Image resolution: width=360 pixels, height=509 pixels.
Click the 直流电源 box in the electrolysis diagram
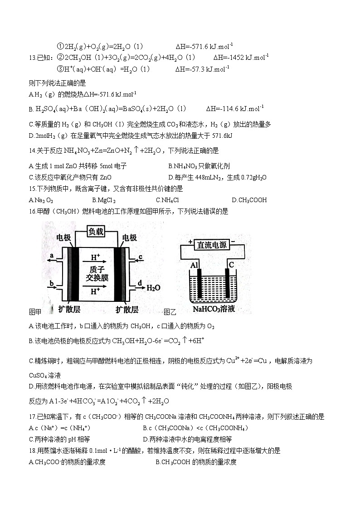212,245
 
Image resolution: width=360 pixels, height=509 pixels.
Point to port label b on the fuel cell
52,284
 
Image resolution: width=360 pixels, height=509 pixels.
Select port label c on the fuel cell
141,257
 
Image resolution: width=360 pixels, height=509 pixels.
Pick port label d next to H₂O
140,283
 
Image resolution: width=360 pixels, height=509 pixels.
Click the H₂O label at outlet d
154,287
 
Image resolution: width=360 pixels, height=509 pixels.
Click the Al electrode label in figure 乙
195,264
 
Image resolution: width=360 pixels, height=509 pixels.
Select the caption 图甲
35,311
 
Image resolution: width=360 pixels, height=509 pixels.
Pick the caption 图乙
170,311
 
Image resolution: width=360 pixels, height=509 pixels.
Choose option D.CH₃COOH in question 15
249,200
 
